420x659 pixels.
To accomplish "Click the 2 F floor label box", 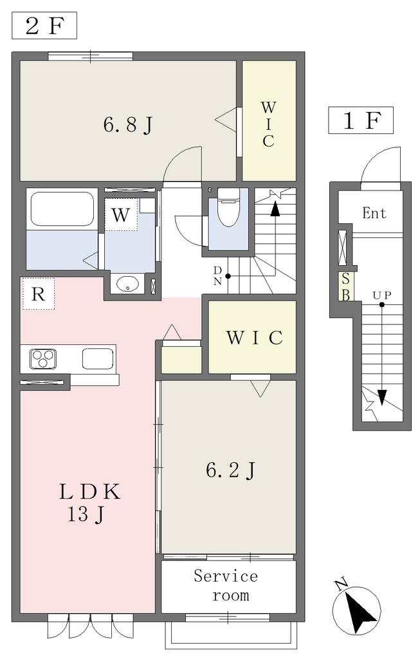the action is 44,26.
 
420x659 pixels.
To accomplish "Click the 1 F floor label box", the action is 361,120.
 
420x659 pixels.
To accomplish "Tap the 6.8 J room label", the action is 128,125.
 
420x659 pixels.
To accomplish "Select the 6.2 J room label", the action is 230,470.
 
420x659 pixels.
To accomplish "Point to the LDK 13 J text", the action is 89,503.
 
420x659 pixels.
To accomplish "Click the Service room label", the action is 226,586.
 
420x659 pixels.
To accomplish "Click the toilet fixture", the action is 228,207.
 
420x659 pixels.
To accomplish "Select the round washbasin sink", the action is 128,284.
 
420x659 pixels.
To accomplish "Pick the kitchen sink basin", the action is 97,358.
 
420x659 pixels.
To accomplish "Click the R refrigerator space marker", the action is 38,293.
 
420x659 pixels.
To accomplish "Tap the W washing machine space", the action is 121,215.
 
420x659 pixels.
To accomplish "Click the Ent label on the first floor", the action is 374,212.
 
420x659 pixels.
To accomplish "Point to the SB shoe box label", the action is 345,286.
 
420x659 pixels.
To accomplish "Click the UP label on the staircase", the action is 382,295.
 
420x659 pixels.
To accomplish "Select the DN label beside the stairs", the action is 217,275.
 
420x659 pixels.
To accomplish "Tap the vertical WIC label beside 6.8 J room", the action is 268,124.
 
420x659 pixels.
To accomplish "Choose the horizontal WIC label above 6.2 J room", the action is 255,337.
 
